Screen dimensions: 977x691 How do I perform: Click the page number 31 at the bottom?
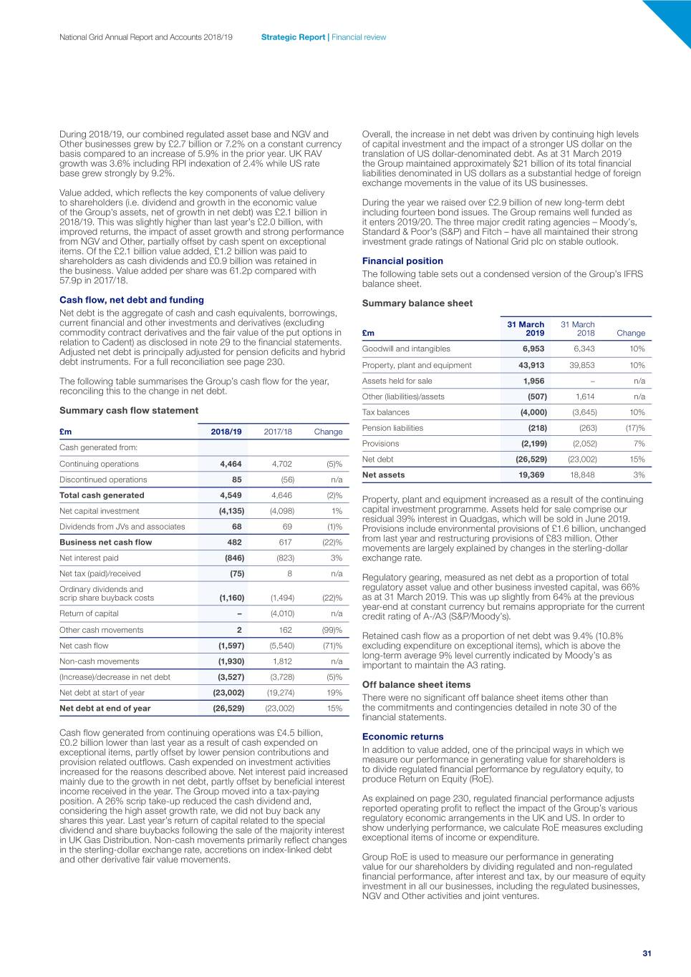coord(647,953)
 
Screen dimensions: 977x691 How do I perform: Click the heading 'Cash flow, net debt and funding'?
coord(132,300)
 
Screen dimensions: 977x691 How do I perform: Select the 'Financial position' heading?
coord(402,261)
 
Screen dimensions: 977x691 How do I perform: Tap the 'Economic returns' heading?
coord(402,737)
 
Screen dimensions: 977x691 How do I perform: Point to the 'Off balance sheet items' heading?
coord(416,684)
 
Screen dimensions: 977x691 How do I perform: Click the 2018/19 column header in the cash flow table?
coord(226,432)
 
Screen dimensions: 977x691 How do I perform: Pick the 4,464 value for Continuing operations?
coord(231,464)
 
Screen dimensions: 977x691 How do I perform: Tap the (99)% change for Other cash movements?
coord(332,630)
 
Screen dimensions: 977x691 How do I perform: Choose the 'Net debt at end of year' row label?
coord(105,708)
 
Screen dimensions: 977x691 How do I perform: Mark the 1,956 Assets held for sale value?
coord(533,381)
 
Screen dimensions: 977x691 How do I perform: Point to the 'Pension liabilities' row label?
coord(392,428)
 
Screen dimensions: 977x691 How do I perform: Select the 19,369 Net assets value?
coord(531,475)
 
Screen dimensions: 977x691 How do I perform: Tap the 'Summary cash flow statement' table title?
coord(129,410)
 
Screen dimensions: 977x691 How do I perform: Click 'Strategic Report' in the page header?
coord(293,37)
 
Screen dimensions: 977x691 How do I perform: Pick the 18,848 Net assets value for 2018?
coord(582,475)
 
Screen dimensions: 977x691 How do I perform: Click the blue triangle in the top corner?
coord(673,18)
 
